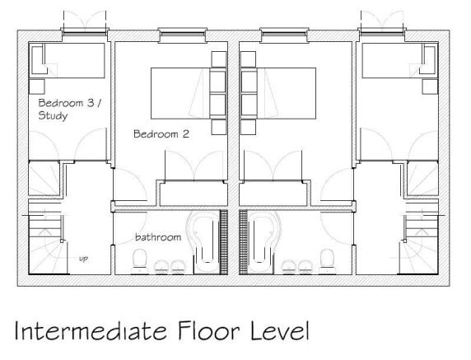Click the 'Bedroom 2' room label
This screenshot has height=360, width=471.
pyautogui.click(x=161, y=133)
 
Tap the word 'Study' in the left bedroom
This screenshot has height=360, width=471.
pyautogui.click(x=53, y=115)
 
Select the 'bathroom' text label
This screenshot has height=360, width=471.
pyautogui.click(x=158, y=237)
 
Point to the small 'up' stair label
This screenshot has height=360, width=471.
pyautogui.click(x=83, y=259)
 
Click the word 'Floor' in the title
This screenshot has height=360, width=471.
pyautogui.click(x=209, y=330)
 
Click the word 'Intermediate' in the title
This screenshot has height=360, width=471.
pyautogui.click(x=91, y=330)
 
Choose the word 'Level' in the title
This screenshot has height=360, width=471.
pyautogui.click(x=280, y=330)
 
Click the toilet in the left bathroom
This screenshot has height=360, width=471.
pyautogui.click(x=140, y=261)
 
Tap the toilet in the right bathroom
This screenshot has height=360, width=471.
pyautogui.click(x=327, y=261)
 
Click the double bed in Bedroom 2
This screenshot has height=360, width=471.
pyautogui.click(x=180, y=93)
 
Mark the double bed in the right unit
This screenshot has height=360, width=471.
pyautogui.click(x=287, y=93)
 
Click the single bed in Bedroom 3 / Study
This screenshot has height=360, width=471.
pyautogui.click(x=67, y=60)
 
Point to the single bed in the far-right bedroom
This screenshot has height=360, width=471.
pyautogui.click(x=400, y=60)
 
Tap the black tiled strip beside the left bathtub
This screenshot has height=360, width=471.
pyautogui.click(x=224, y=242)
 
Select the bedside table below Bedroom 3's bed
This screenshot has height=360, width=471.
pyautogui.click(x=37, y=86)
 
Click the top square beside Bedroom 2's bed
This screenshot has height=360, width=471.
pyautogui.click(x=219, y=59)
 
